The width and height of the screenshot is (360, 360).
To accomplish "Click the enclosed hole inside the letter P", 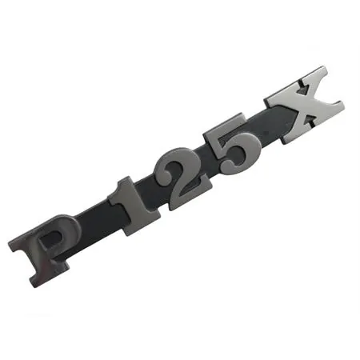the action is (50, 239).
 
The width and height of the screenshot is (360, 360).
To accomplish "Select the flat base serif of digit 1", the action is (142, 226).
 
